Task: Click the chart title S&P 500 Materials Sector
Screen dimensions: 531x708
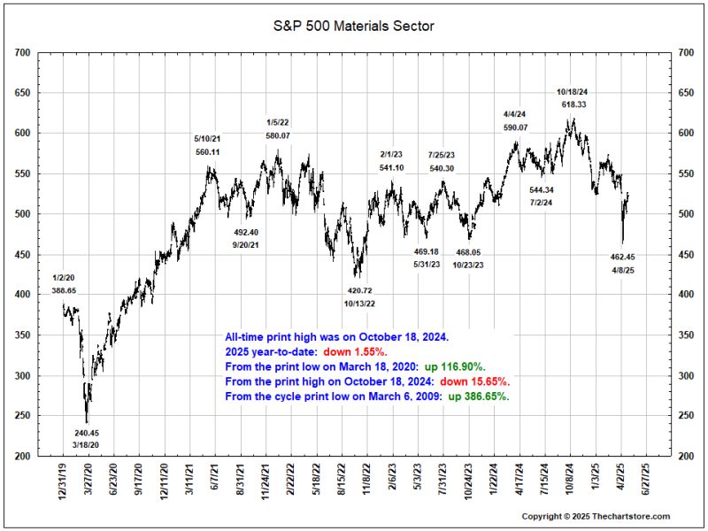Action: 353,27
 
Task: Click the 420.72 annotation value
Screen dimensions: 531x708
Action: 359,290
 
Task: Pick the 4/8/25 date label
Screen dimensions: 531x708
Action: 623,269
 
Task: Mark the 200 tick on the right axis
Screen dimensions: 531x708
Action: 685,457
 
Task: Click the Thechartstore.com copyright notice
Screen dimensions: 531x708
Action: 596,516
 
